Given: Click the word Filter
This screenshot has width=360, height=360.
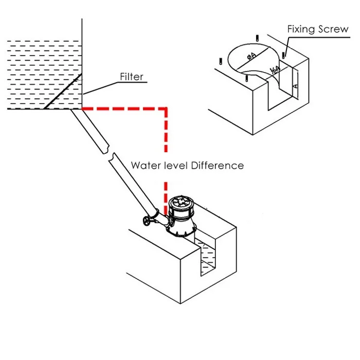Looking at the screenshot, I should [132, 78].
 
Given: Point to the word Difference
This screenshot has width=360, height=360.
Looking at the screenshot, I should [217, 166].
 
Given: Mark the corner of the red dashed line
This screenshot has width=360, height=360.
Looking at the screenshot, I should [165, 109].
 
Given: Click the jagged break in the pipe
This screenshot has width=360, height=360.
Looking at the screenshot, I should [109, 153].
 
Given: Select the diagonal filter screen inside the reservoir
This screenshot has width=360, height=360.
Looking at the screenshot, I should [62, 91].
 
